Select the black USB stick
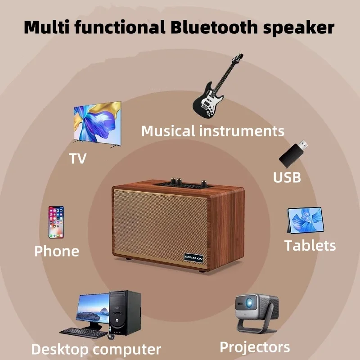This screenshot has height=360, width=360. point(293,153)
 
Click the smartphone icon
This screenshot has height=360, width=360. point(56,222)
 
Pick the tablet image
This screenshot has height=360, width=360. point(306,220)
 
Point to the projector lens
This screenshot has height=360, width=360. point(249,303)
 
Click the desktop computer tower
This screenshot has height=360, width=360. point(125,313)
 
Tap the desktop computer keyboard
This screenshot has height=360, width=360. point(84,333)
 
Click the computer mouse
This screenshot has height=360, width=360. point(111,337)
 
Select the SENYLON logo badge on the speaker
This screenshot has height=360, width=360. point(193,258)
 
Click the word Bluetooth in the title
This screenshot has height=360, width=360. point(214,27)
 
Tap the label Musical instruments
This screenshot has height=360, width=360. point(212,131)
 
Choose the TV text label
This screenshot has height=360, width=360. point(78,158)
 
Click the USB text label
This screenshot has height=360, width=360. point(287,177)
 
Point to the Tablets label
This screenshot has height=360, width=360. point(310,245)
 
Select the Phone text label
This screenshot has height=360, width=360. point(57,251)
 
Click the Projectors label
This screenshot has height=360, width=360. point(255,347)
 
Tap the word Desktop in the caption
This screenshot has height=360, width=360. point(60,350)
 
